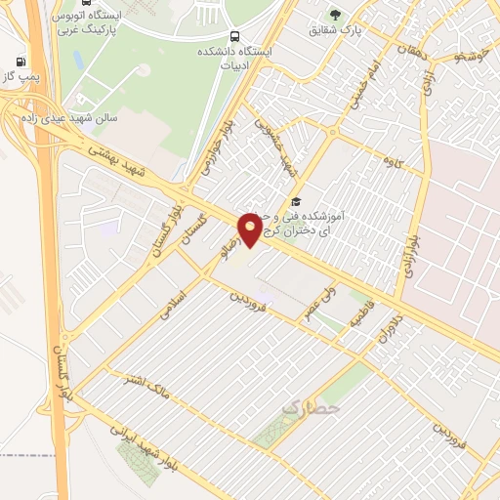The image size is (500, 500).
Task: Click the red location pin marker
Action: pyautogui.click(x=251, y=229)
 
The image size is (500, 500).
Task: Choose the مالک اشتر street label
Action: pyautogui.click(x=146, y=387)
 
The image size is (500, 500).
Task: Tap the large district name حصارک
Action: pyautogui.click(x=310, y=402)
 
